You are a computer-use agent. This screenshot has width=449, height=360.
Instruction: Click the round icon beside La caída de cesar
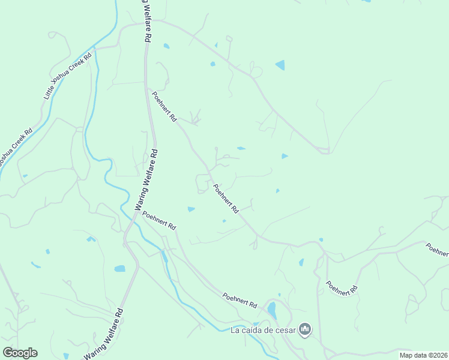pos(306,329)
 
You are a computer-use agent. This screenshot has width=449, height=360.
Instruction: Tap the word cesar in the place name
pos(286,329)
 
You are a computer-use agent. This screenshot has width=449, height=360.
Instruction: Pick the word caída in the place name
pos(253,329)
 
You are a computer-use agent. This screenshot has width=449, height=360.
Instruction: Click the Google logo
pos(20,353)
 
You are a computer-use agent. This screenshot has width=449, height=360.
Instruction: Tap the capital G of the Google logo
pos(8,353)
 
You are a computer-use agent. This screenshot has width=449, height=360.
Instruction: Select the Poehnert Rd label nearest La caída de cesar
pos(240,300)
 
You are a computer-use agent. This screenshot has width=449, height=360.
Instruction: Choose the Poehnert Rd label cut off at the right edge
pos(437,250)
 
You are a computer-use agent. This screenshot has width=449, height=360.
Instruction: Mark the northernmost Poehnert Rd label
pos(164,107)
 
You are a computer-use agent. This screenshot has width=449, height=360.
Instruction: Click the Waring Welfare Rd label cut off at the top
pos(145,19)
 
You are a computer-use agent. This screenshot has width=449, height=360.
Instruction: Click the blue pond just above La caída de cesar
pos(272,310)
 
